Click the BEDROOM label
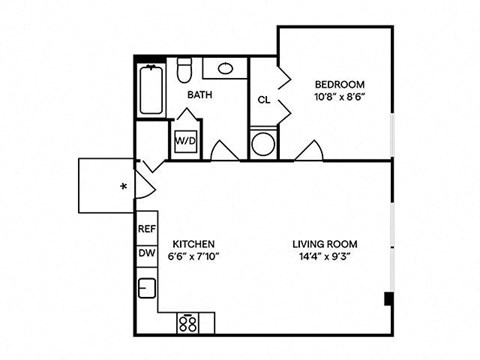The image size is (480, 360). point(340,84)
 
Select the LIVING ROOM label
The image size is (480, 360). point(325,244)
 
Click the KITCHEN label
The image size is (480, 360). point(194,244)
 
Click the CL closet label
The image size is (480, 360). point(264,100)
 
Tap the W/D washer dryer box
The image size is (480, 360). point(186,141)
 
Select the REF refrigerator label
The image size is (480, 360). point(147,229)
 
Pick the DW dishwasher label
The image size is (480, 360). point(146,254)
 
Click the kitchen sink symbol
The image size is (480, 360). point(147,289)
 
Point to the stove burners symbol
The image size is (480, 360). point(188,321)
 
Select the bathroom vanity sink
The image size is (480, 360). point(225,69)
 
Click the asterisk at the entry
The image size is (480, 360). point(123,186)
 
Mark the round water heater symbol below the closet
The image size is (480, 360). point(264,143)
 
